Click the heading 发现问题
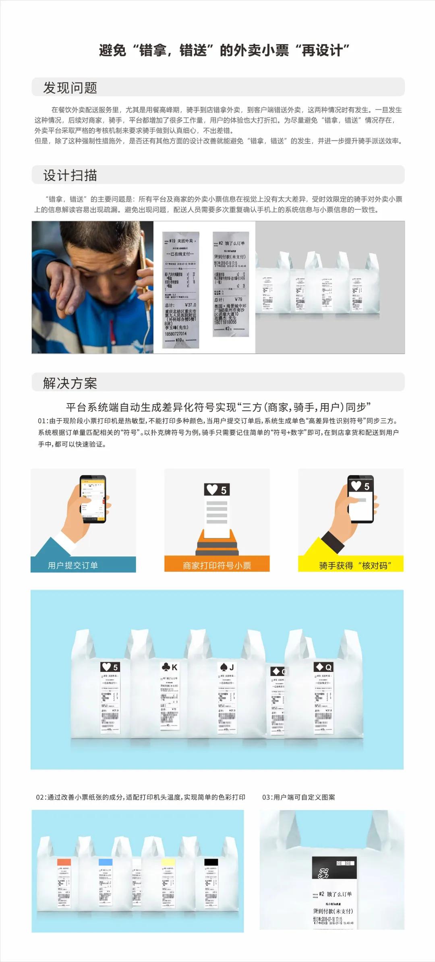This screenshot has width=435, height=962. coord(70,88)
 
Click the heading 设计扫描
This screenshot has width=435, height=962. coord(70,175)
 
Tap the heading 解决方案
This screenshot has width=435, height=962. coord(70,383)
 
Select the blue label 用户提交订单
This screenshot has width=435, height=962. coord(73,565)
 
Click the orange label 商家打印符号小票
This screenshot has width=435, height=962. coord(217,565)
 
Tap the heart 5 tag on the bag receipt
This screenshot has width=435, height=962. coord(110,667)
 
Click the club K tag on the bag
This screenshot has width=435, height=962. coord(169,667)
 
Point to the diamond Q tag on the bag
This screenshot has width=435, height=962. coord(323,667)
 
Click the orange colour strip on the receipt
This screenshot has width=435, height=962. coord(64,862)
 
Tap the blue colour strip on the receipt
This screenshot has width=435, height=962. coord(106,862)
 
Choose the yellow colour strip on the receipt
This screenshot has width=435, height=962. coord(168,862)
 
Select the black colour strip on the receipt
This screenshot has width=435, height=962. coord(211,862)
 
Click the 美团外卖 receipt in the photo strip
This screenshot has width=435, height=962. coord(181,290)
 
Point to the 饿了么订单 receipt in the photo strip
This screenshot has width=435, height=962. coord(230,284)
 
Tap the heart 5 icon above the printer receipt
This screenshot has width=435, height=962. coord(217,490)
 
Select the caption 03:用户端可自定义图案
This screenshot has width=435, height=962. coord(298,797)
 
